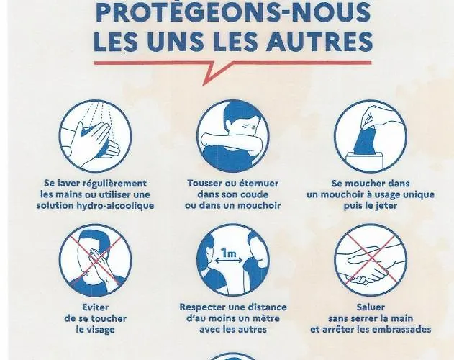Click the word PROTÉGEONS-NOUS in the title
(233, 12)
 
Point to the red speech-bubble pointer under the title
(217, 73)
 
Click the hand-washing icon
(95, 136)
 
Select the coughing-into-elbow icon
(233, 136)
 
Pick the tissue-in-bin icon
(371, 136)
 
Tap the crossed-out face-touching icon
(95, 260)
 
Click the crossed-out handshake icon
(371, 260)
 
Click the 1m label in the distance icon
(229, 253)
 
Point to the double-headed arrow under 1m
(229, 261)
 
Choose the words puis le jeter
(371, 206)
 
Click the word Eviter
(95, 307)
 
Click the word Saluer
(371, 307)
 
